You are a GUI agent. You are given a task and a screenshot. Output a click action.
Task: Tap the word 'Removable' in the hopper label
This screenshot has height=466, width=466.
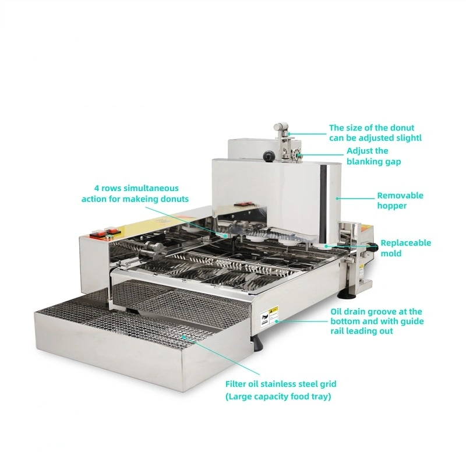(400, 196)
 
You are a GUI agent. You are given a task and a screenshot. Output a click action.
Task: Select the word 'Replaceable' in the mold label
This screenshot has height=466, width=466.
(405, 243)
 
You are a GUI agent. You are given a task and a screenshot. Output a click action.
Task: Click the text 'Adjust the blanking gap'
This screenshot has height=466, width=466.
(373, 156)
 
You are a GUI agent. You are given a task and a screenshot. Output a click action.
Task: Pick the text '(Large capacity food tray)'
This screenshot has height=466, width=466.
(278, 397)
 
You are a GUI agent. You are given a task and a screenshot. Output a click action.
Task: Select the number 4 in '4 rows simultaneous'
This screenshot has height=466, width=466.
(97, 188)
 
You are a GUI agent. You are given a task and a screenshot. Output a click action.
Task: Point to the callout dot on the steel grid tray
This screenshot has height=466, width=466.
(183, 337)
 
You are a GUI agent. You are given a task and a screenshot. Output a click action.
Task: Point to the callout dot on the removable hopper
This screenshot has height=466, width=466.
(337, 198)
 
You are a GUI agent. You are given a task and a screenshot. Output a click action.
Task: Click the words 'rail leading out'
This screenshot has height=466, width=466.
(362, 331)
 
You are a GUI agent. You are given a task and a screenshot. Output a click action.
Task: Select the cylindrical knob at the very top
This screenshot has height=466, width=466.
(281, 126)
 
